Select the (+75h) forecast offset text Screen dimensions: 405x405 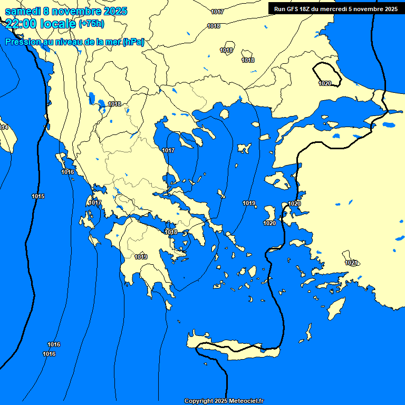91,24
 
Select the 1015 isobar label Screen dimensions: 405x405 38,196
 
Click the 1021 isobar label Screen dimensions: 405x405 351,263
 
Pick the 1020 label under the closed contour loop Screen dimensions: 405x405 325,84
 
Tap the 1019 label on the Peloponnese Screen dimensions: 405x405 141,257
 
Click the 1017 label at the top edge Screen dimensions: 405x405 217,12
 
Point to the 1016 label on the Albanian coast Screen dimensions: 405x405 67,172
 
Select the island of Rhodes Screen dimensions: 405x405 335,308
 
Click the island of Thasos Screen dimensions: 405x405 224,114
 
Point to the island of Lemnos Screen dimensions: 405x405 244,148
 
